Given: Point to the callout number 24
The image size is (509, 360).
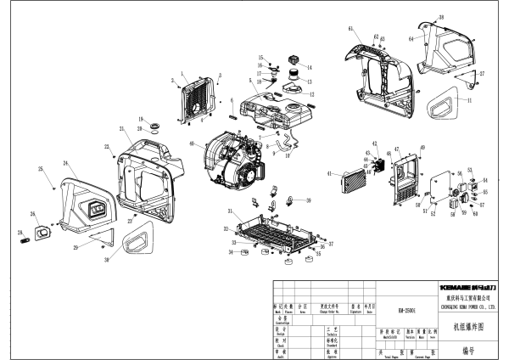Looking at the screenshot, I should click(64, 162).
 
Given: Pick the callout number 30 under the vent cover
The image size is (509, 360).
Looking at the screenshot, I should click(107, 260).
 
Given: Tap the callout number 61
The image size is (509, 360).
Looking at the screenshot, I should click(350, 29).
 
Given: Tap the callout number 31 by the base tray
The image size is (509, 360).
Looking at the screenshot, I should click(230, 210).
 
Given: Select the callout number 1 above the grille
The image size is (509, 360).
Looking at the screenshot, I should click(182, 75).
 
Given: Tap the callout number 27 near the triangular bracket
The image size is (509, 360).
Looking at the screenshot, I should click(483, 74).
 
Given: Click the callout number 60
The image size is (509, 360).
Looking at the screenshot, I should click(475, 214).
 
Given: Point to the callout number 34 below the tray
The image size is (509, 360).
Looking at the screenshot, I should click(231, 252).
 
